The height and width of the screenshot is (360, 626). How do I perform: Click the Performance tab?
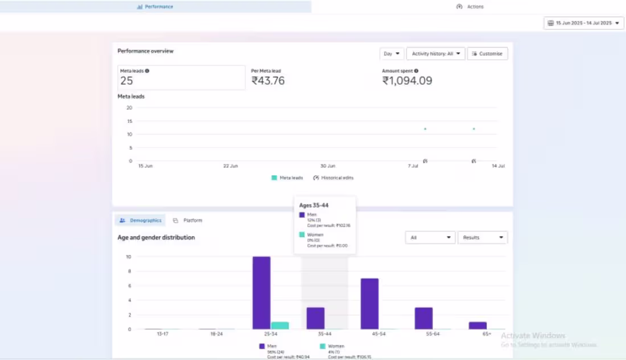coord(155,7)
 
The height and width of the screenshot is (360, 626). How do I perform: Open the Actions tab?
coord(470,7)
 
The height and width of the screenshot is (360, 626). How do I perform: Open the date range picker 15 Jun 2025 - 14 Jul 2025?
coord(584,23)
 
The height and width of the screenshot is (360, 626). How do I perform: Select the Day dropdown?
coord(392,54)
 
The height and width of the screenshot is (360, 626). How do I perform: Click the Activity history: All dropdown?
coord(436,54)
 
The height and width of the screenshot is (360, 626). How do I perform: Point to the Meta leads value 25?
coord(126,81)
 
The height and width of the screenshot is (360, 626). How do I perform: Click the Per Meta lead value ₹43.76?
coord(268,81)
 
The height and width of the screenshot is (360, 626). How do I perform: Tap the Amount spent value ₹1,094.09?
coord(407,81)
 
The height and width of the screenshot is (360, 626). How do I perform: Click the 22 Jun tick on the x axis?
coord(230,166)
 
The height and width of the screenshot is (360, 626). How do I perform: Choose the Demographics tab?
coord(141,221)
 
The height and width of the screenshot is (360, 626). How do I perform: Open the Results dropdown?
coord(483,238)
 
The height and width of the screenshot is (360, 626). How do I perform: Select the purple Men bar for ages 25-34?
coord(262,293)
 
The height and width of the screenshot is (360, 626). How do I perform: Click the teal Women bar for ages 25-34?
coord(280,325)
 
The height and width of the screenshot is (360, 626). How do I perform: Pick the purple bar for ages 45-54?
coord(369,304)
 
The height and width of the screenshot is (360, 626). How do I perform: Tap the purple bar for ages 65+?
coord(477,325)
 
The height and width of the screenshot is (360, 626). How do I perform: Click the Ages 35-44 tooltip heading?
coord(314,205)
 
